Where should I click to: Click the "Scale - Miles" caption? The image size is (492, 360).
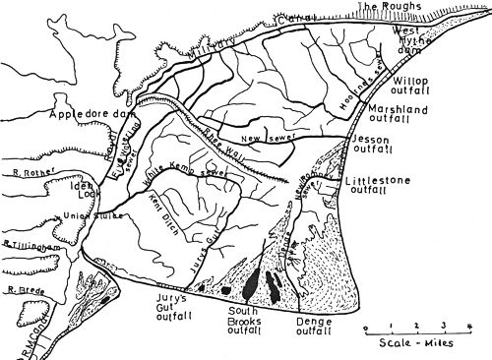tap(416, 343)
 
